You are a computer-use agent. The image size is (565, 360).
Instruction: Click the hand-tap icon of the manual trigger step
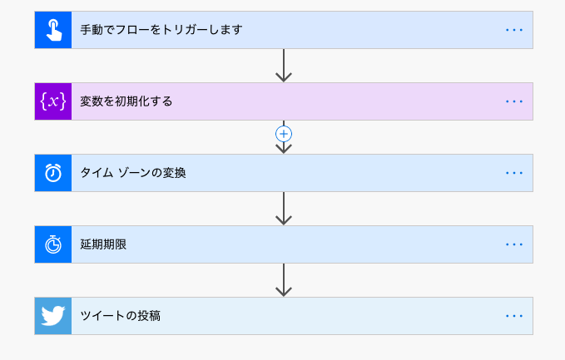[x=53, y=30]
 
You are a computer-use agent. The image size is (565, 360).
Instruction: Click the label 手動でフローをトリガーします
[x=161, y=30]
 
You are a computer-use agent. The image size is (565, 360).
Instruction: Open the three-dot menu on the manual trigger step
[x=514, y=30]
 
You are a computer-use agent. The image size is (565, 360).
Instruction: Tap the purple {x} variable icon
[x=53, y=101]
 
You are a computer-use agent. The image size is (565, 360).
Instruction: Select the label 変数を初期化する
[x=126, y=101]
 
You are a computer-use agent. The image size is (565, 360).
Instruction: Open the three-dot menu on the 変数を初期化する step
[x=514, y=101]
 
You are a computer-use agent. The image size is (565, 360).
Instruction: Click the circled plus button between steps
[x=284, y=133]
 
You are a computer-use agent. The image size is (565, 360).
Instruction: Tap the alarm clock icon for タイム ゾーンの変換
[x=53, y=173]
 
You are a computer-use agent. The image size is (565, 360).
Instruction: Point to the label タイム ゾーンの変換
[x=133, y=173]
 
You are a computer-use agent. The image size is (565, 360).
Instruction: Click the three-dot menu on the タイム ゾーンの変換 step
[x=514, y=173]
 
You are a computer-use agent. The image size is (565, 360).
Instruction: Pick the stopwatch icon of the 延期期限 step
[x=53, y=244]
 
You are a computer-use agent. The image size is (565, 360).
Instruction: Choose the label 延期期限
[x=103, y=244]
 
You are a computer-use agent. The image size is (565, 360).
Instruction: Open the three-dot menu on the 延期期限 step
[x=514, y=244]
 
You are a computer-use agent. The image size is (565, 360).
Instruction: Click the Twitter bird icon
[x=53, y=316]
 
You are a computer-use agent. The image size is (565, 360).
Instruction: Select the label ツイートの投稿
[x=121, y=316]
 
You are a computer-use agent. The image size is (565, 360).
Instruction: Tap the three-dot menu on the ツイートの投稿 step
[x=514, y=316]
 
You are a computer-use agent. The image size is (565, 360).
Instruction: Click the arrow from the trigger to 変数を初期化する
[x=284, y=65]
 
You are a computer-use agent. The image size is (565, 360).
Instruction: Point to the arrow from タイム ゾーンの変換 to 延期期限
[x=284, y=208]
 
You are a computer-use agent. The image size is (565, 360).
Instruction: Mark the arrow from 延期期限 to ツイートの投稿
[x=284, y=279]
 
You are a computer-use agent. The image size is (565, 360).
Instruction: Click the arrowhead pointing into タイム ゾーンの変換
[x=284, y=148]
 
